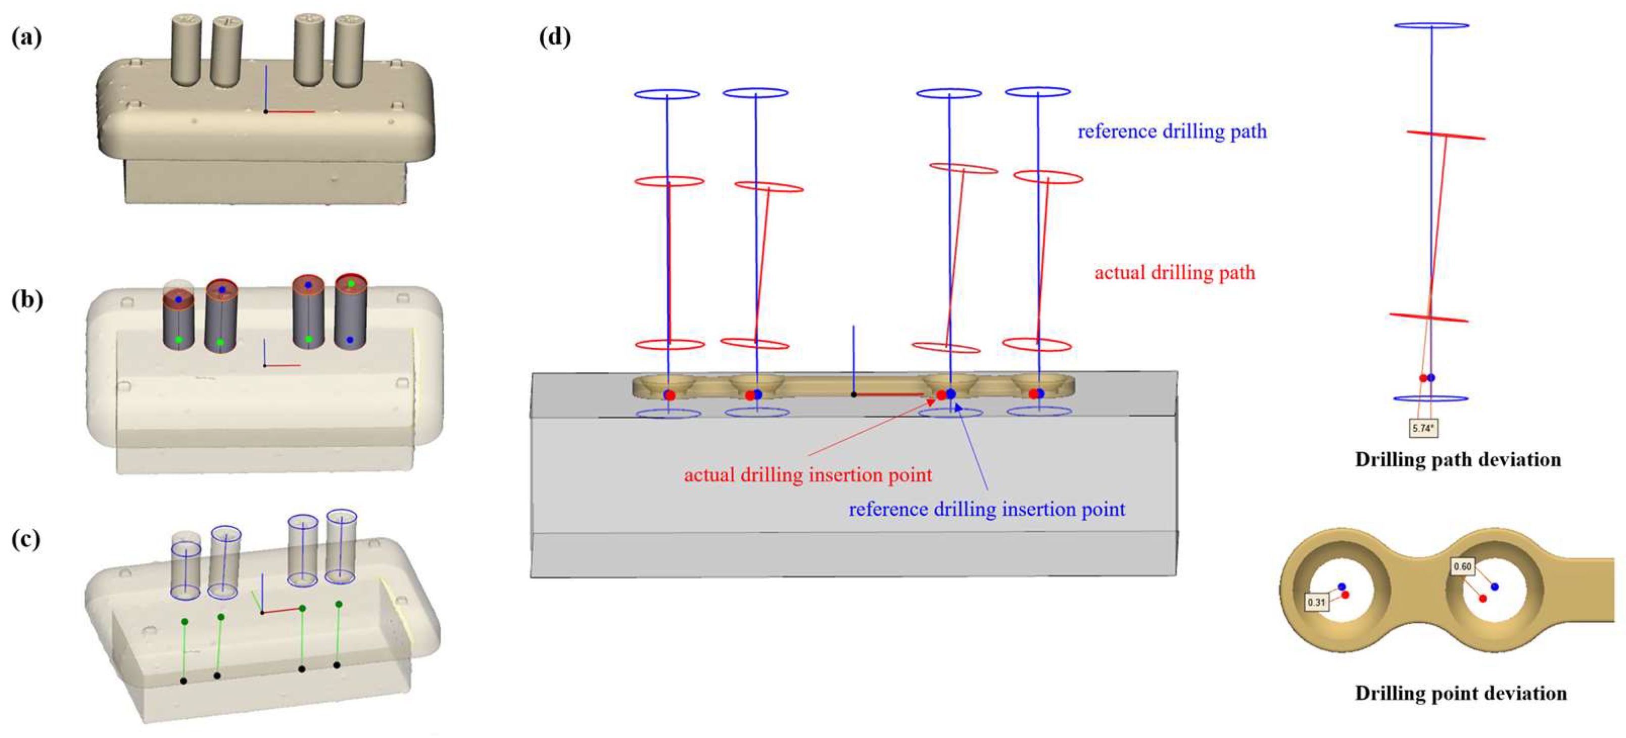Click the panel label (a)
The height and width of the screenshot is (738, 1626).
(26, 38)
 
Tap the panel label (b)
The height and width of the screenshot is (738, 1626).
(26, 300)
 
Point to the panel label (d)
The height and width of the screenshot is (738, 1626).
(554, 37)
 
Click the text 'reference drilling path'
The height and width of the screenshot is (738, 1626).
(1172, 131)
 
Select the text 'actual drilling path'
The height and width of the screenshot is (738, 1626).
(1174, 273)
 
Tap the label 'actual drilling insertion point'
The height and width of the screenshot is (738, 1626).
(807, 475)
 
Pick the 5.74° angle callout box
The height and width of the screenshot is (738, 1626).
(1423, 428)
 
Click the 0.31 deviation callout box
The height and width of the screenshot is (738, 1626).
(1316, 602)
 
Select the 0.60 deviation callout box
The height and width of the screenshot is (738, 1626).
(1462, 566)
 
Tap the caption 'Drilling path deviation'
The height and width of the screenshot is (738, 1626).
(1457, 459)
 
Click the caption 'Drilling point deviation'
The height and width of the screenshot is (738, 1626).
(1460, 693)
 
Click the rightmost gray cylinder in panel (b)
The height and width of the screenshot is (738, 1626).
(350, 312)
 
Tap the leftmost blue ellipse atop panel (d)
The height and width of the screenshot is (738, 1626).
(666, 94)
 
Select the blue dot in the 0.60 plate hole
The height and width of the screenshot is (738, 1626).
(1495, 586)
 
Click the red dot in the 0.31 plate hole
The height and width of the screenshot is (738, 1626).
(1345, 594)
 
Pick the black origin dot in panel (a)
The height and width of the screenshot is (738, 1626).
(266, 112)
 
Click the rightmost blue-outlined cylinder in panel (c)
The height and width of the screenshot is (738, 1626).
(342, 547)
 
